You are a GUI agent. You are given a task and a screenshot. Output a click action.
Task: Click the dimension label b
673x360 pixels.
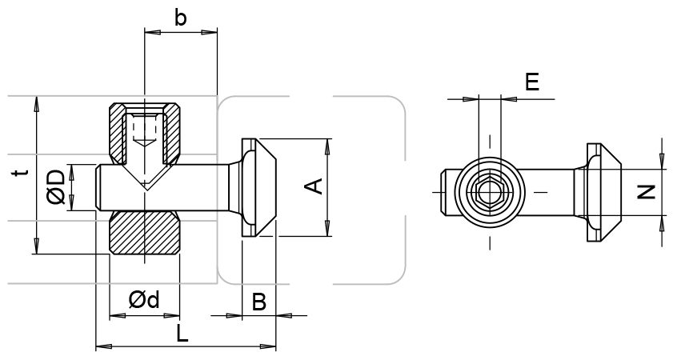181,18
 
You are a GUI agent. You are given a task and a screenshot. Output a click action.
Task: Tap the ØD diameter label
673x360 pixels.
56,186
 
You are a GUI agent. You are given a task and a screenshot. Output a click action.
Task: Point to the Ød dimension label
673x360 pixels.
144,300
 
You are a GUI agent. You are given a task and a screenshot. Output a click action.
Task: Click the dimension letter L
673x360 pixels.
182,334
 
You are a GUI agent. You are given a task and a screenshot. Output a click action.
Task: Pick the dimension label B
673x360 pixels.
259,302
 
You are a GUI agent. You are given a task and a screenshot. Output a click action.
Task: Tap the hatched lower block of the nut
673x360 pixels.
144,233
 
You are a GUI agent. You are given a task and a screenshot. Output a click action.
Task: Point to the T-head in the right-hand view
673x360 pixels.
601,193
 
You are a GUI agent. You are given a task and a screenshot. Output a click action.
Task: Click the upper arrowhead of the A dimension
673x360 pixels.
328,145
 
